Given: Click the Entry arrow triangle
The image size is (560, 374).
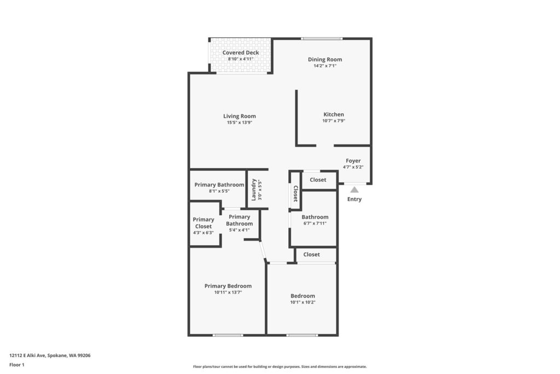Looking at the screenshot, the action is (354, 189).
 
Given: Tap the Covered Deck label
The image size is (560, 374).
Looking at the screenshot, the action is (241, 53).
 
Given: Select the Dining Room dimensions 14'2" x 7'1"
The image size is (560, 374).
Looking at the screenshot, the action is (325, 66).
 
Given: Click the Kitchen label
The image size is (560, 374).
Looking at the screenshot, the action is (334, 114).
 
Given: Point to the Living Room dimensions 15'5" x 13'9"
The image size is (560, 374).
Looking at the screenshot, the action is (240, 122).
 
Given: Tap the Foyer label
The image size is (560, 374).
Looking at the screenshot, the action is (353, 161).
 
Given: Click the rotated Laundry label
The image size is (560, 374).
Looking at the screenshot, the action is (254, 190).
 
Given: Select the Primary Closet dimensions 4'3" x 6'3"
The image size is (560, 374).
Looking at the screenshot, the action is (203, 233).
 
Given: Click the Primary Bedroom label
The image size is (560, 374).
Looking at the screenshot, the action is (228, 286).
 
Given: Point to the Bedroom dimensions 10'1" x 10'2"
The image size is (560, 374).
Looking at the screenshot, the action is (303, 302).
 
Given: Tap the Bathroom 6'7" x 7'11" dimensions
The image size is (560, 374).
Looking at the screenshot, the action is (315, 223).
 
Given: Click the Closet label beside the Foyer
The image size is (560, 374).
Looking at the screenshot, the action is (318, 180).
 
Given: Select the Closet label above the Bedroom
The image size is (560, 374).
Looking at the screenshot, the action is (311, 255).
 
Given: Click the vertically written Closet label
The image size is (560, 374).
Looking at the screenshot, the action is (296, 194).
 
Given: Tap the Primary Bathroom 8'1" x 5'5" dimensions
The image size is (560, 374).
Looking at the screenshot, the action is (219, 191).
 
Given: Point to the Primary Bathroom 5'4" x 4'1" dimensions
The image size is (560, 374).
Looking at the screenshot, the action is (240, 231).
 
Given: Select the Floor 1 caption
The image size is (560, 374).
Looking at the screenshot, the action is (17, 365).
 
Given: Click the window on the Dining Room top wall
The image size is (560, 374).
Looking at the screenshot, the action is (322, 39).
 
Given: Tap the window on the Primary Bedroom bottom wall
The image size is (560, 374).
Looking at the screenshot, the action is (228, 335).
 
